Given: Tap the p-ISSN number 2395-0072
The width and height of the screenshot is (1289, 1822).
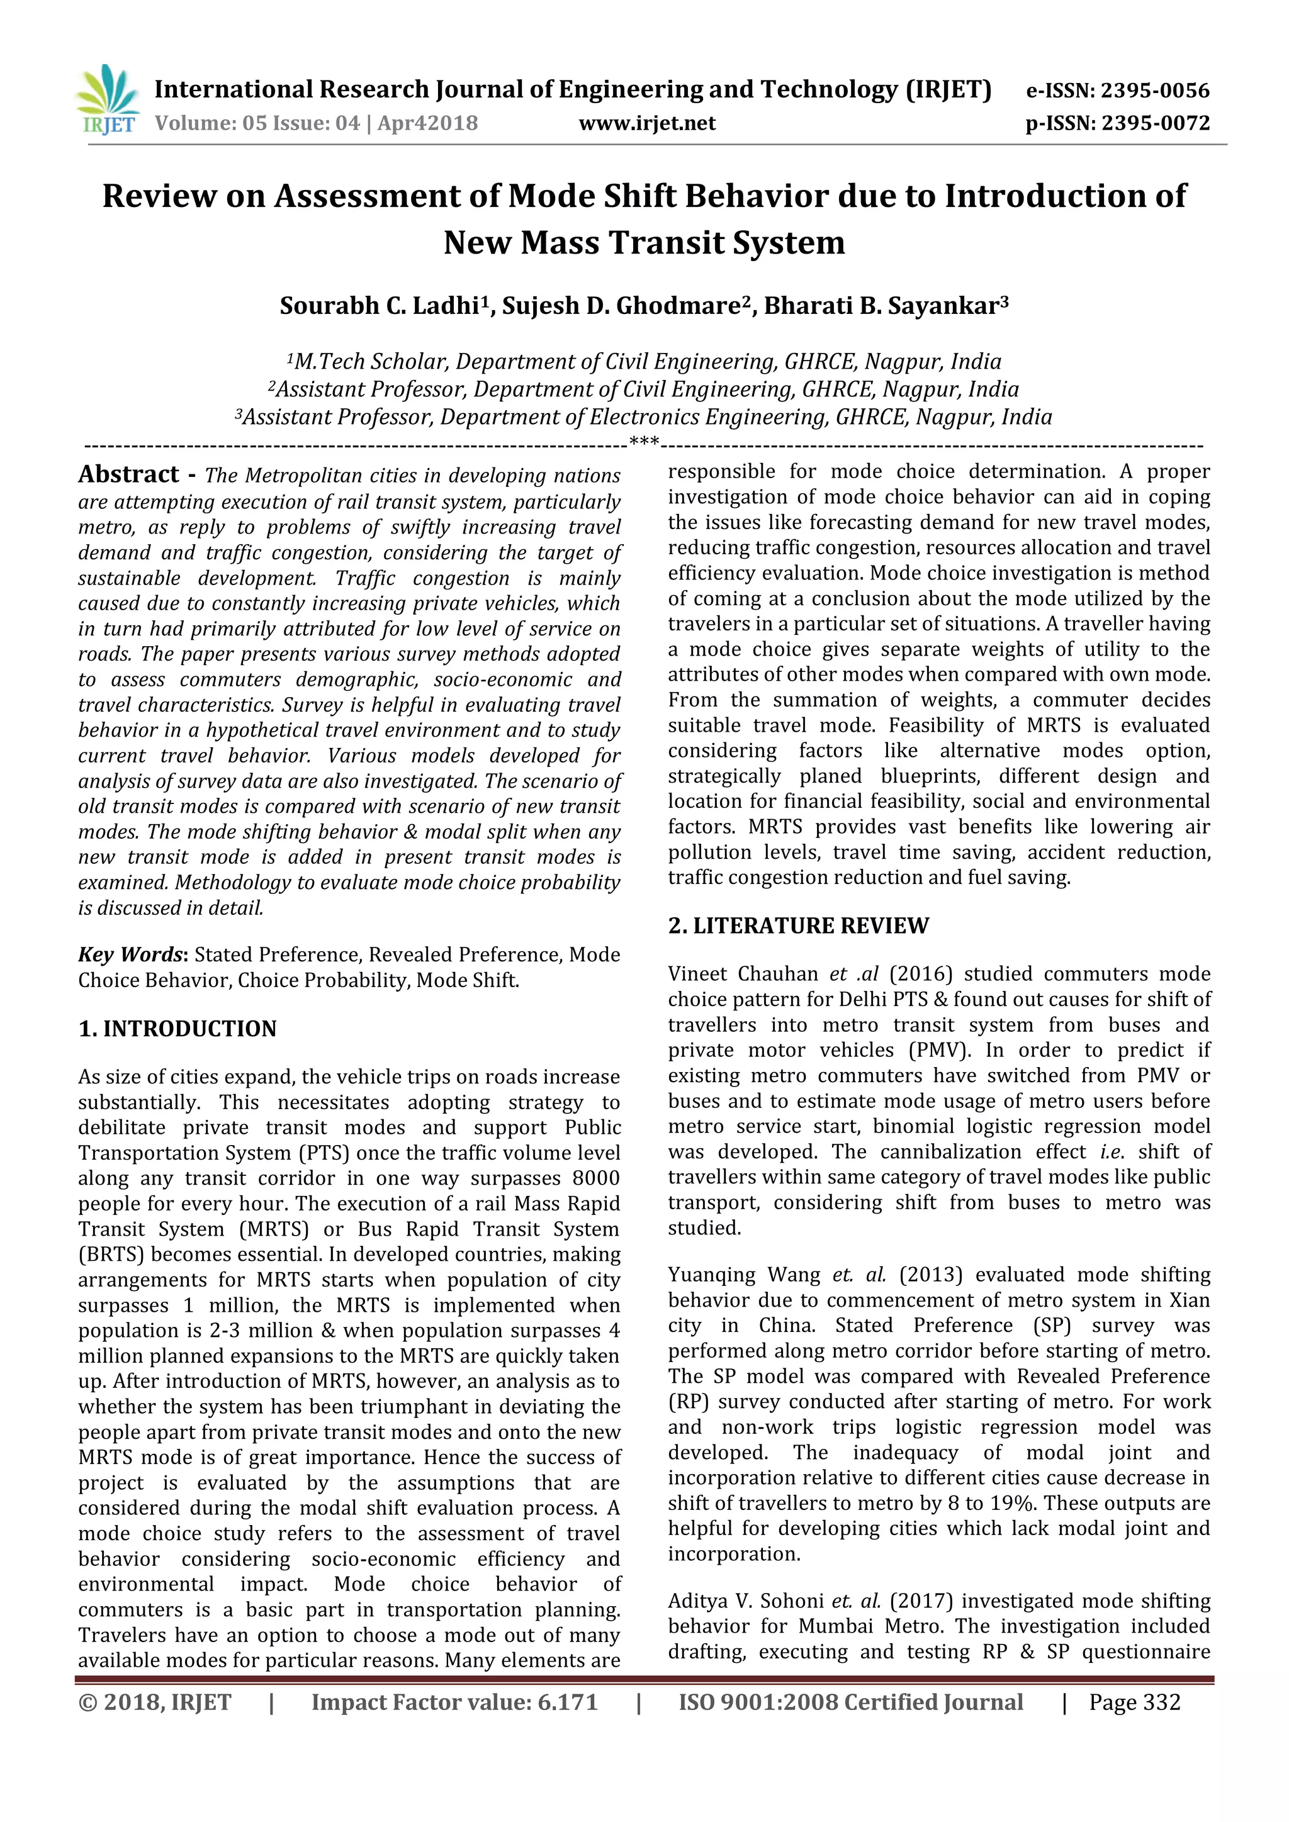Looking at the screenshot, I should tap(1155, 124).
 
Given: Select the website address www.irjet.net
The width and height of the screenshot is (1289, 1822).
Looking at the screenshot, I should tap(647, 124).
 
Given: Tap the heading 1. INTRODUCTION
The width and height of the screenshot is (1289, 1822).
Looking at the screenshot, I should tap(177, 1029).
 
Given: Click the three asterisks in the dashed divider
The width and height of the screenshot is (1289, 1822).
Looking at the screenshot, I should tap(644, 441).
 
